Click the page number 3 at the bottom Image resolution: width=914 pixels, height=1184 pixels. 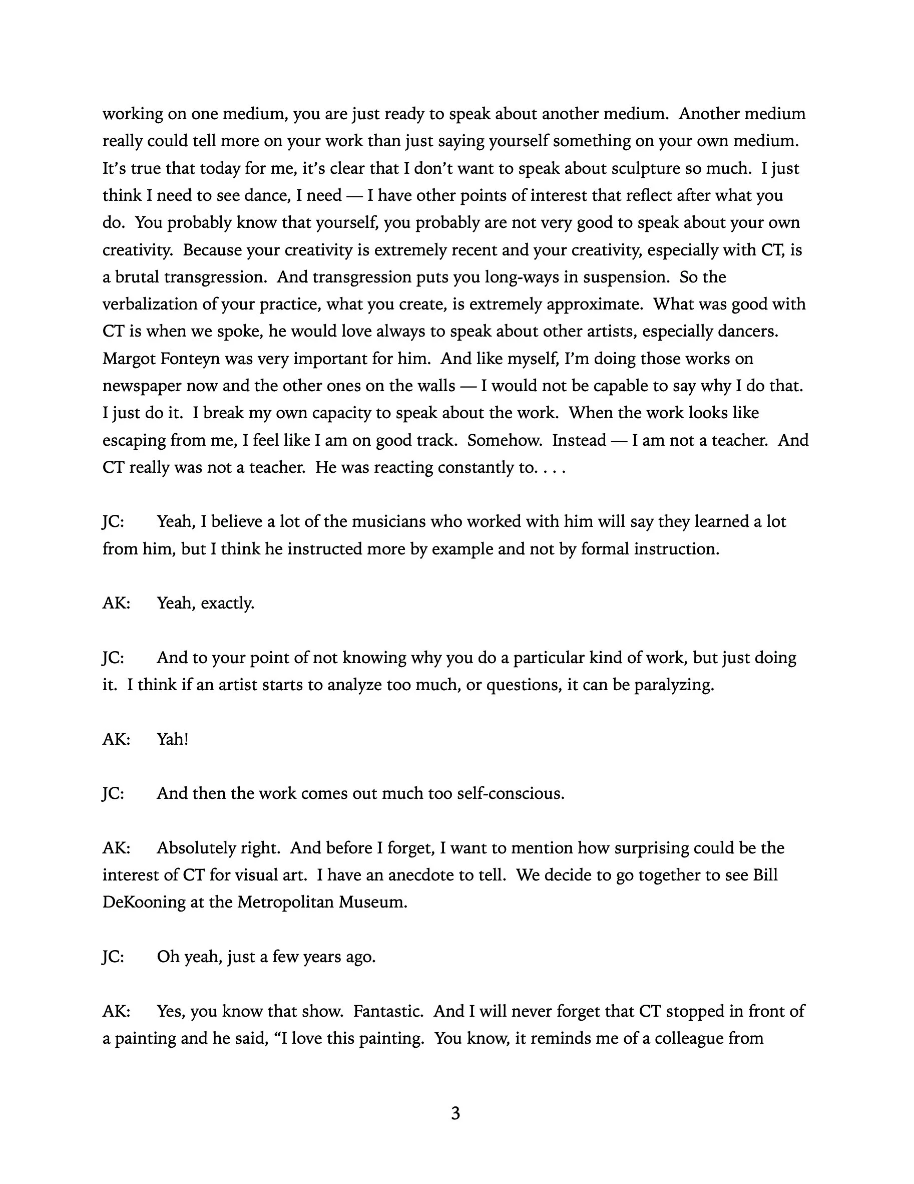[x=455, y=1113]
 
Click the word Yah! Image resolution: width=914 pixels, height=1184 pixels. [x=172, y=739]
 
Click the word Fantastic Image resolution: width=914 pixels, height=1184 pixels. [x=388, y=1011]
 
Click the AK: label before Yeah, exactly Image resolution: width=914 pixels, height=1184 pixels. [x=116, y=604]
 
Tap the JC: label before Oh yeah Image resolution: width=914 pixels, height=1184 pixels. [x=113, y=957]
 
